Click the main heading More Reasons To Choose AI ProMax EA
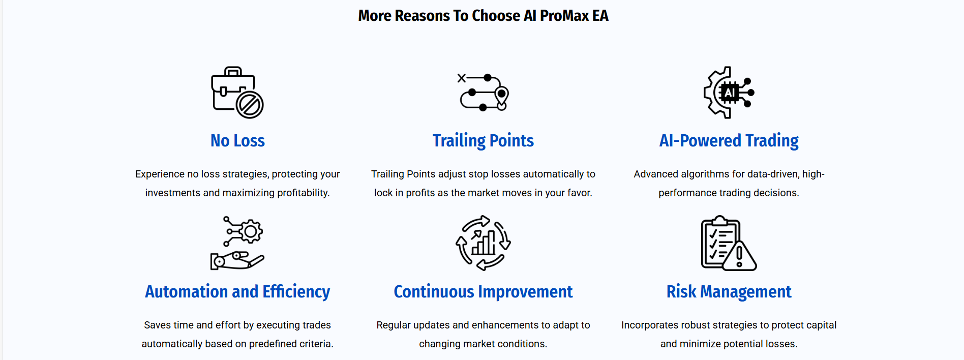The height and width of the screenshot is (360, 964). click(483, 16)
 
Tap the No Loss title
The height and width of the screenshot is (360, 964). click(237, 140)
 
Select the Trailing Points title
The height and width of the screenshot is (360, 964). click(483, 141)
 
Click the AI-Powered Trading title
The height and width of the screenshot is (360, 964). click(729, 141)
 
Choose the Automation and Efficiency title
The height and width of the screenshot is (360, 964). click(237, 292)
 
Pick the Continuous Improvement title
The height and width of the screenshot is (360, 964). click(483, 292)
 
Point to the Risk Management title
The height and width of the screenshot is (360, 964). click(729, 292)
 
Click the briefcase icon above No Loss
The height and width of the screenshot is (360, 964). click(237, 93)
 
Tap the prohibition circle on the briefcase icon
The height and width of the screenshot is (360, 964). click(250, 105)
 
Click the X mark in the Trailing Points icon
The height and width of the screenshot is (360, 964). click(462, 78)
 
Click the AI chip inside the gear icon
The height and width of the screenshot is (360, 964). click(730, 93)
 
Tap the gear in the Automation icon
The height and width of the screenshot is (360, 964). click(250, 232)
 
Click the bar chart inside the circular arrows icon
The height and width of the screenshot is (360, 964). click(484, 243)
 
